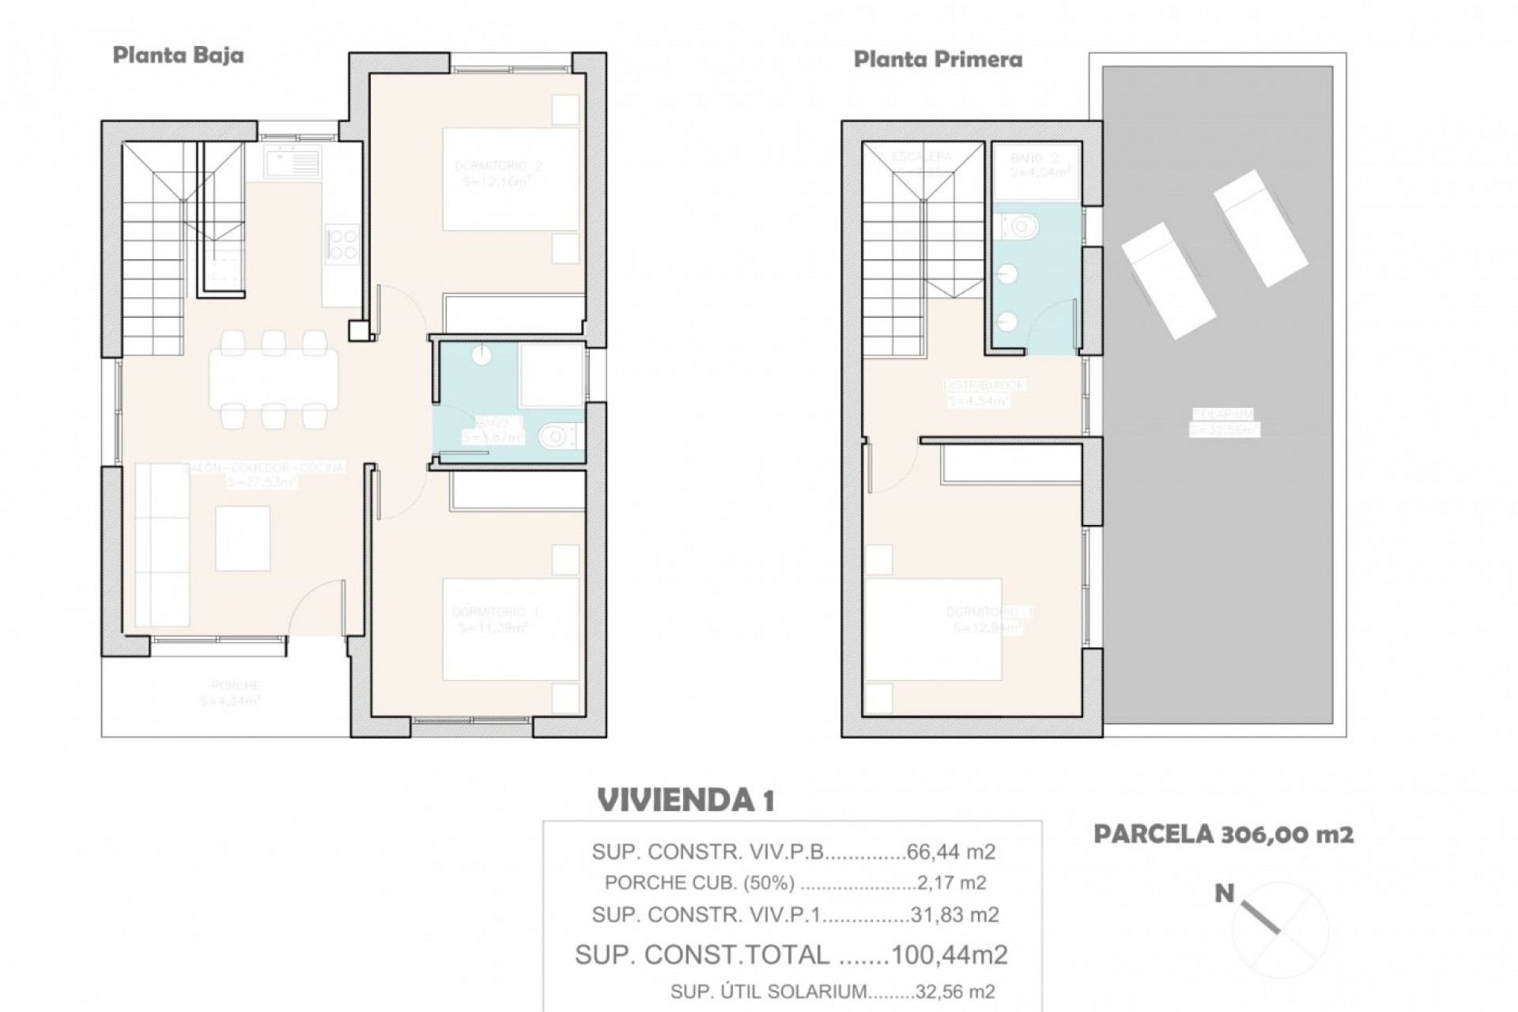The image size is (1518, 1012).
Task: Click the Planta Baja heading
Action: pyautogui.click(x=178, y=55)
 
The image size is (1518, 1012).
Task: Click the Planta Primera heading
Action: pyautogui.click(x=938, y=59)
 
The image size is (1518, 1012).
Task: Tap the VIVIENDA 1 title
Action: pyautogui.click(x=685, y=800)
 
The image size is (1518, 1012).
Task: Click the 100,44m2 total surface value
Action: pyautogui.click(x=949, y=955)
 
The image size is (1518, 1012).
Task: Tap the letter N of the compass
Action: pyautogui.click(x=1224, y=894)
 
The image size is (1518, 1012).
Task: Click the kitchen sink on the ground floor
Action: pyautogui.click(x=293, y=163)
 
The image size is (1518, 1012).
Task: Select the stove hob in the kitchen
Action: pyautogui.click(x=343, y=244)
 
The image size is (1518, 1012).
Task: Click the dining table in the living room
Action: pyautogui.click(x=274, y=379)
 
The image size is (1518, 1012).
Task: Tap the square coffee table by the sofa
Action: pyautogui.click(x=243, y=538)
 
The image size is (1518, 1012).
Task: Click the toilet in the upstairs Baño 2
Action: pyautogui.click(x=1021, y=227)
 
